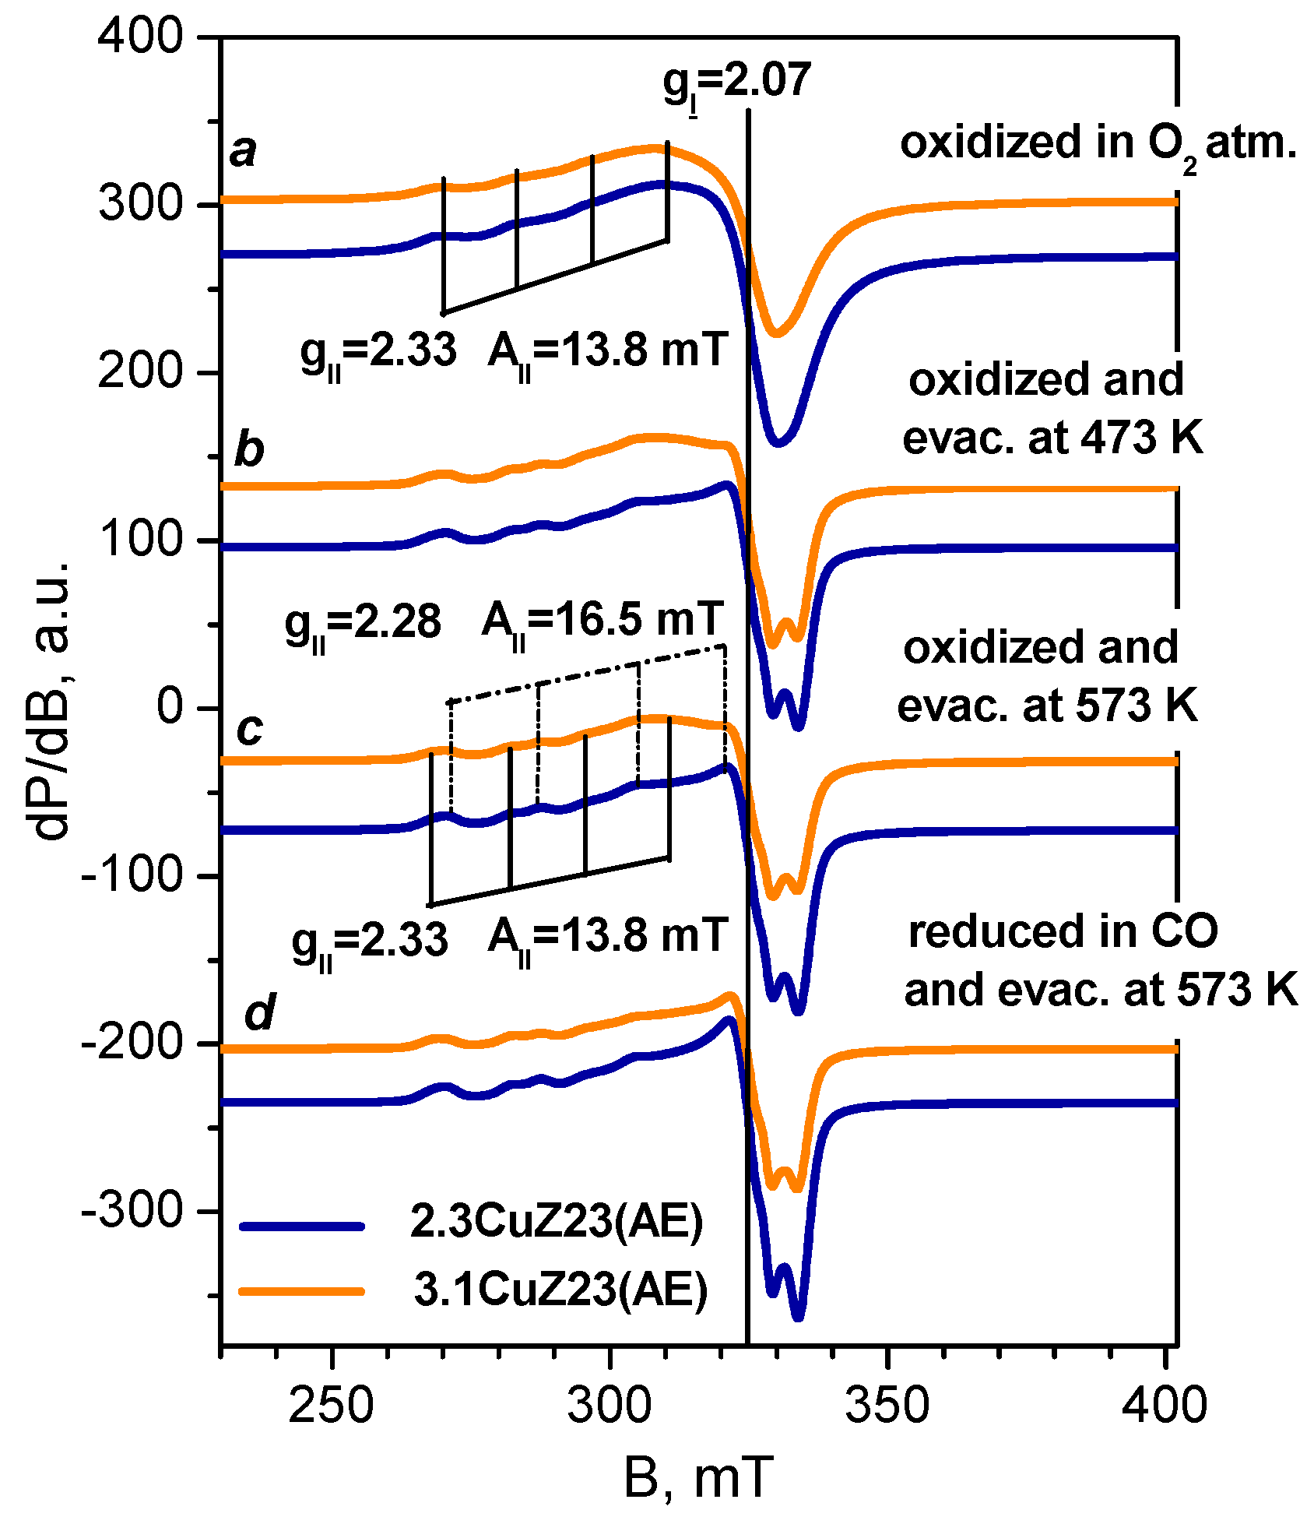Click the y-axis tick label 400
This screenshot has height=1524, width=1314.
point(140,37)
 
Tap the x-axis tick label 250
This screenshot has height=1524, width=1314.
point(332,1405)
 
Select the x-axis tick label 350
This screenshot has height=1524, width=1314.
point(887,1405)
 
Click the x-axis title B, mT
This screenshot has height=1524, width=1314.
point(698,1476)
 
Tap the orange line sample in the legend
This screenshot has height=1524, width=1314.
point(302,1291)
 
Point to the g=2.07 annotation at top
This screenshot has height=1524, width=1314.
point(736,82)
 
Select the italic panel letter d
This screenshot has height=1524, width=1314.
point(259,1012)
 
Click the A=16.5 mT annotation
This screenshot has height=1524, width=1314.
point(603,621)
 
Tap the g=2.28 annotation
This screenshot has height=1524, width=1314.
point(363,625)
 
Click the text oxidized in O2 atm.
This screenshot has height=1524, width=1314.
point(1098,144)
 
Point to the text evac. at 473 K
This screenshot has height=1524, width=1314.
point(1052,438)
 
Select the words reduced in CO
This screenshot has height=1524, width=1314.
point(1063,931)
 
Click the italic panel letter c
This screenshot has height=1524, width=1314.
point(249,728)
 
